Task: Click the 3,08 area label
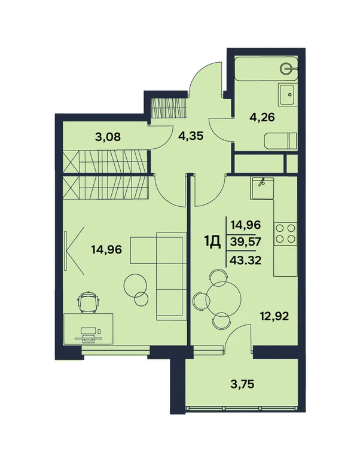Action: click(108, 136)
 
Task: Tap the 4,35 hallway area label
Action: click(191, 135)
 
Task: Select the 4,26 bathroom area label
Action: click(262, 117)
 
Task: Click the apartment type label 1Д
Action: click(212, 242)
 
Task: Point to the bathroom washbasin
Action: click(287, 93)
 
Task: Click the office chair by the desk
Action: click(90, 301)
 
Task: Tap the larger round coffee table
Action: click(135, 284)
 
